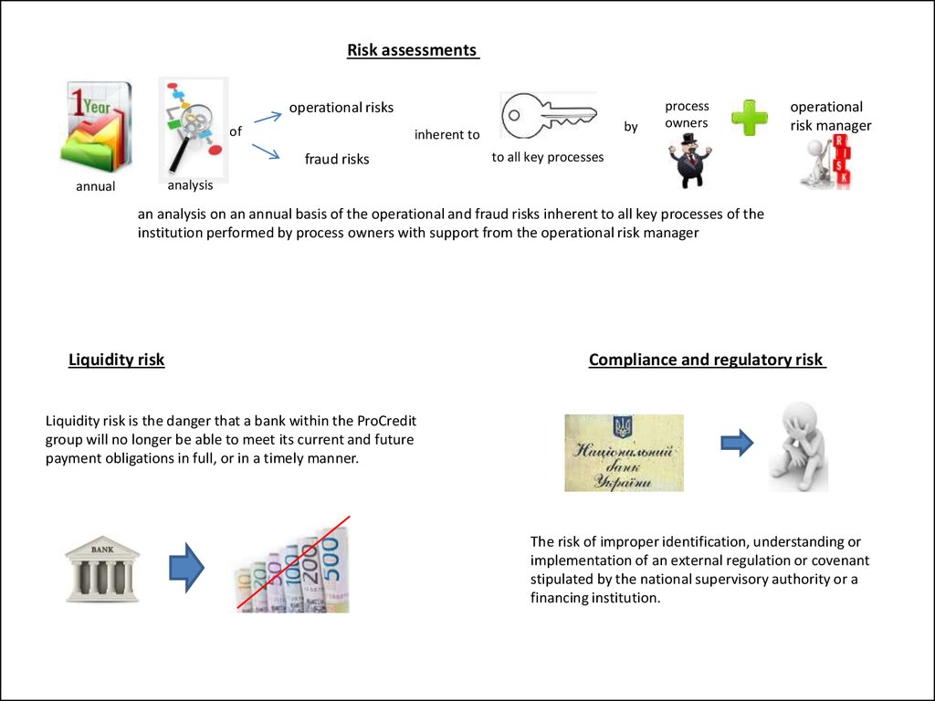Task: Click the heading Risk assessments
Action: tap(413, 50)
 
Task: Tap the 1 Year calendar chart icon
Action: tap(96, 127)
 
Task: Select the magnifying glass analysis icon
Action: tap(192, 128)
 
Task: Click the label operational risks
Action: tap(341, 108)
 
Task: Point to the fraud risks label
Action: tap(337, 159)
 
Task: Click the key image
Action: tap(549, 118)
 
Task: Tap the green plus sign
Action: tap(750, 118)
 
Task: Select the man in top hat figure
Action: tap(689, 161)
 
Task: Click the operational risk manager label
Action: tap(830, 116)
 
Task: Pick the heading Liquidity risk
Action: tap(117, 360)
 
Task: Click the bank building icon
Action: tap(102, 568)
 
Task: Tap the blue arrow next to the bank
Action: tap(187, 568)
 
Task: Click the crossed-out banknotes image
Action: tap(292, 569)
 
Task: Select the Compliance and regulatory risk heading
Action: tap(707, 360)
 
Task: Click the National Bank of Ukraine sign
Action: tap(624, 453)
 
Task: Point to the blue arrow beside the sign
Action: tap(737, 444)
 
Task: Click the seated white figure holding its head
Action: tap(798, 447)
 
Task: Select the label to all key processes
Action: tap(548, 157)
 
